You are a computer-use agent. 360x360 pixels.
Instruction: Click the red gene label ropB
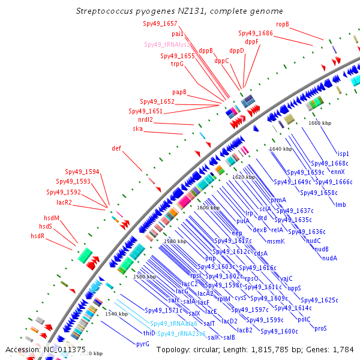pos(283,24)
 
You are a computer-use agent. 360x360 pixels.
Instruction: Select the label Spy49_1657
pos(160,23)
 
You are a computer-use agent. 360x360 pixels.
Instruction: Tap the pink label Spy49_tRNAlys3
pos(167,44)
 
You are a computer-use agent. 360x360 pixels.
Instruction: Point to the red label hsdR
pos(38,236)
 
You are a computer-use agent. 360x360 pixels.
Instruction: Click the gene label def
pos(116,148)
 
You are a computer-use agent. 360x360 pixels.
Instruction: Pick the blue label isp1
pos(343,154)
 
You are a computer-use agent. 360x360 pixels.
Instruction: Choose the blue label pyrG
pos(143,344)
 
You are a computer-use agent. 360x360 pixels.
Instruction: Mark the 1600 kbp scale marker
pos(209,207)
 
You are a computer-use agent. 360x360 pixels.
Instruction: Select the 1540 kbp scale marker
pos(116,314)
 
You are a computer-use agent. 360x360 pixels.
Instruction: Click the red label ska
pos(138,128)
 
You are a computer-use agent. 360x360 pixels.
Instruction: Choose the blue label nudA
pos(329,258)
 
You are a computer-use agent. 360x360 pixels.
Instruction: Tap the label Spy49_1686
pos(256,34)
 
